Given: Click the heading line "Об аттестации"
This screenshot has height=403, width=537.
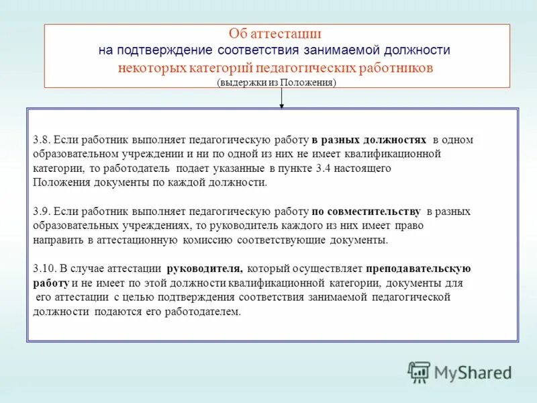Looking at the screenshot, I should coord(275,34).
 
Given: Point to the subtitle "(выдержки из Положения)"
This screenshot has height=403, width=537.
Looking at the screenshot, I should coord(276,83).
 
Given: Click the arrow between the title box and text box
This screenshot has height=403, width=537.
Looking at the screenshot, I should coord(281,98).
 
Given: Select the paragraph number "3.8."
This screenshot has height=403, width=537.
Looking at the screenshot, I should coord(42,140).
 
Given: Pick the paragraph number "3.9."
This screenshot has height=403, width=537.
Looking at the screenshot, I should coord(42,212).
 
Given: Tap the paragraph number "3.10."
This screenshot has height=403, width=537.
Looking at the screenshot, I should coord(44,269).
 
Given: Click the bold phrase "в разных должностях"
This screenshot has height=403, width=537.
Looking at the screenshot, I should coord(369,140).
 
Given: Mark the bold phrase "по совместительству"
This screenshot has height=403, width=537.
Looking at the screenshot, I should coord(366,212).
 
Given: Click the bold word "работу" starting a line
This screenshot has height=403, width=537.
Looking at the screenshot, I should coord(50,283).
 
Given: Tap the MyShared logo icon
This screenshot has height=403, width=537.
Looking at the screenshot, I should coord(419,371).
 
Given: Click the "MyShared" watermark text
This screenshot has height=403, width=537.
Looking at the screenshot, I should coord(473,372).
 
